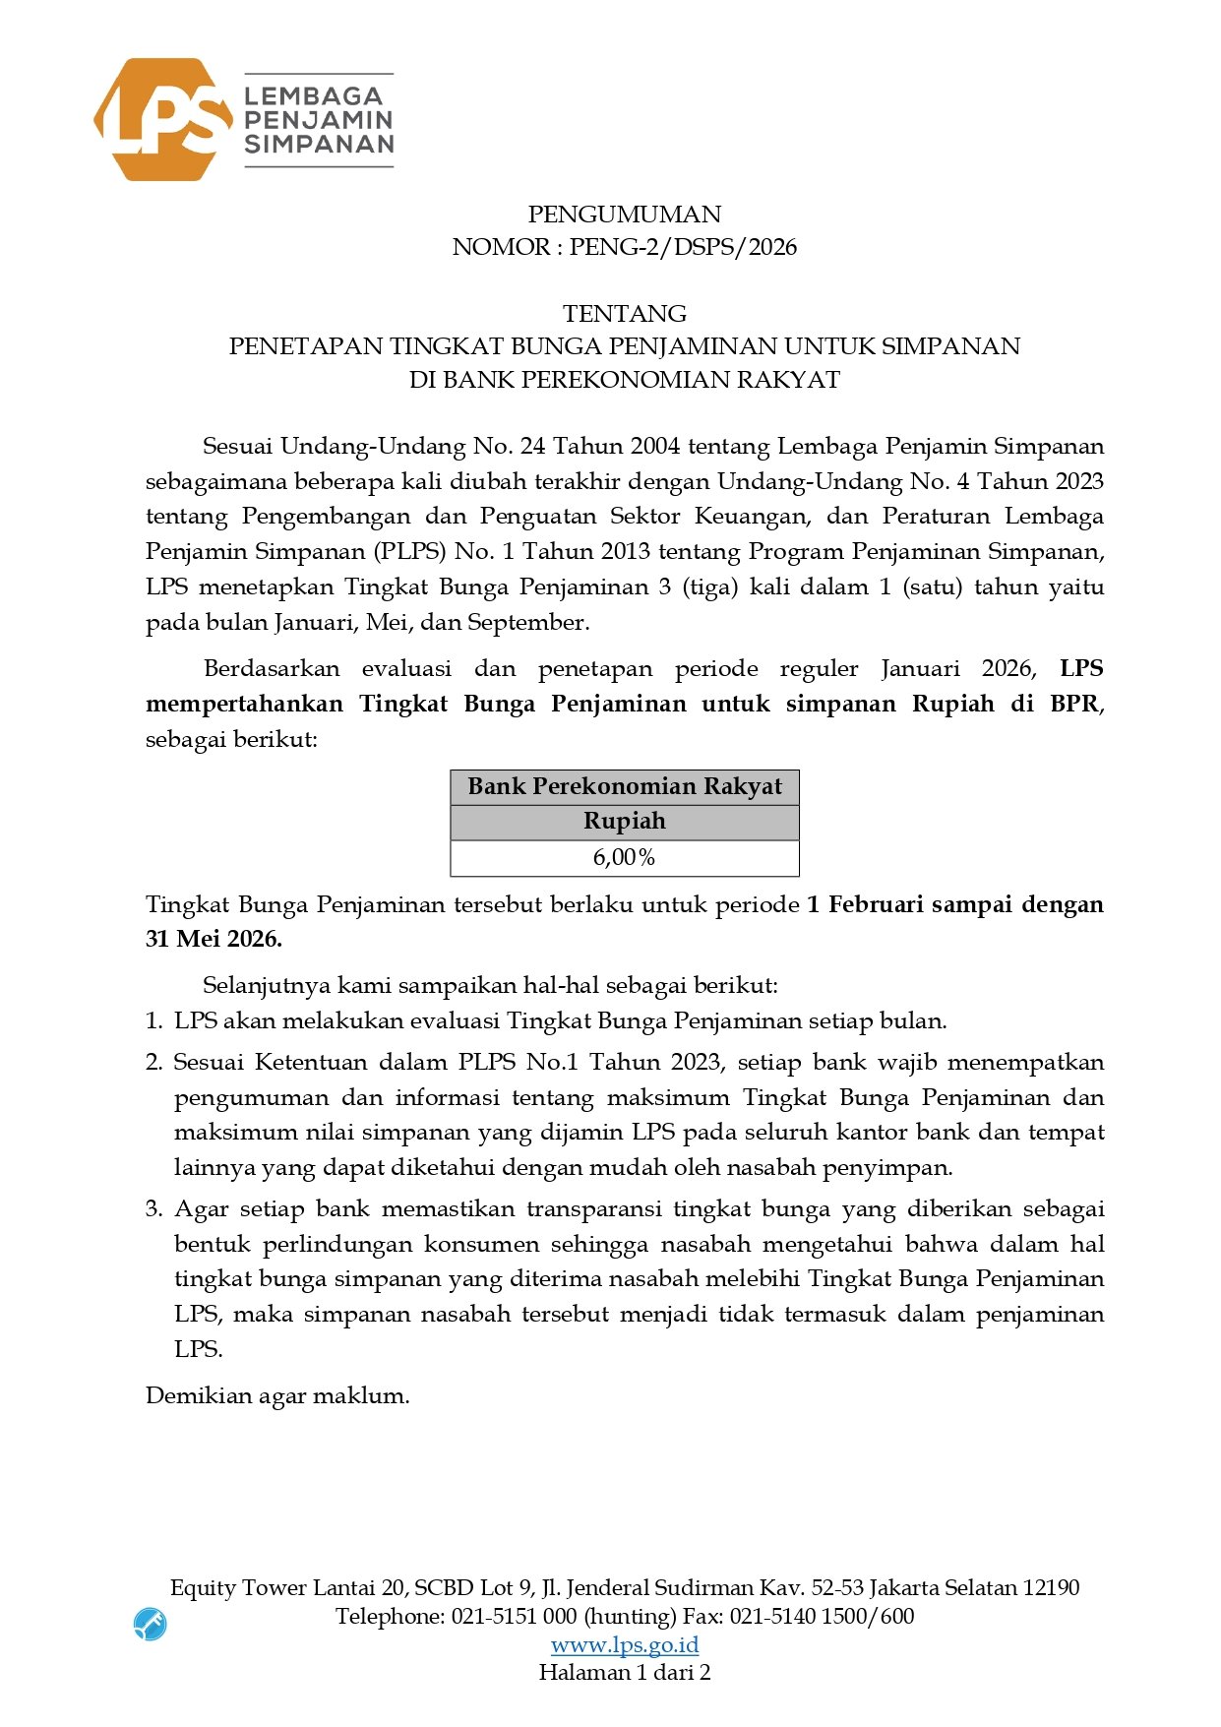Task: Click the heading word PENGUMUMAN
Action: point(624,215)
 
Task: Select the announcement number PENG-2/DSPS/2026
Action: point(683,247)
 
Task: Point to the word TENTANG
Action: point(624,314)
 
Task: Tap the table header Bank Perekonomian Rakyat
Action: point(624,787)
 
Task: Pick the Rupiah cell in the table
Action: point(624,822)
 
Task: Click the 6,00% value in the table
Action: point(624,857)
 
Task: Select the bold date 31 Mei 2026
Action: point(214,939)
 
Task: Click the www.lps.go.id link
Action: point(624,1644)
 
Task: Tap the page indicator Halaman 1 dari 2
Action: point(624,1672)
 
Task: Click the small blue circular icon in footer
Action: point(151,1624)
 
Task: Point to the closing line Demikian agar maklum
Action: point(276,1395)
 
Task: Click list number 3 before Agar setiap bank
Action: point(153,1208)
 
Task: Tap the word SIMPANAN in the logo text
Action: point(319,144)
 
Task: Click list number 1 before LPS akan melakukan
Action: point(153,1020)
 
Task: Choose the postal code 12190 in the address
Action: point(1051,1587)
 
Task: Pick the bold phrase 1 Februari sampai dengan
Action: point(954,904)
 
